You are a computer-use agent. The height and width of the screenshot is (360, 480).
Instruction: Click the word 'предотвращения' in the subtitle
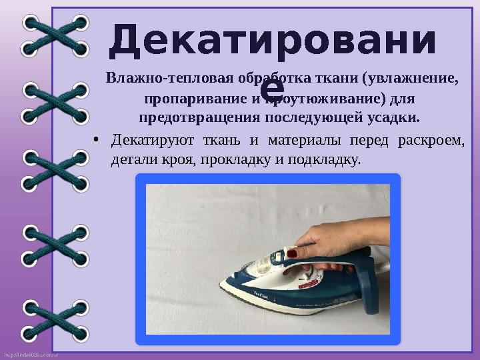195,119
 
